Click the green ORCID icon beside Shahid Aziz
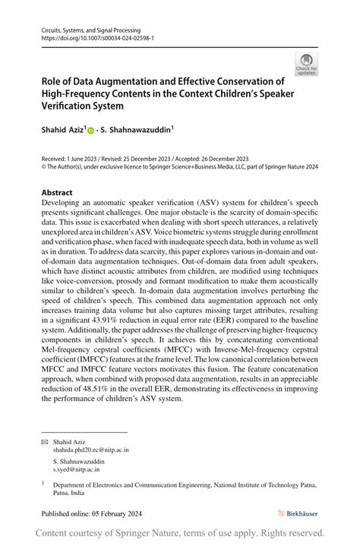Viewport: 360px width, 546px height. click(90, 131)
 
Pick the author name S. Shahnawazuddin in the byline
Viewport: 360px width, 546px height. click(139, 131)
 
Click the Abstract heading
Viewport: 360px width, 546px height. click(58, 193)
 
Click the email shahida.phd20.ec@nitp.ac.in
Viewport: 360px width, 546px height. click(90, 450)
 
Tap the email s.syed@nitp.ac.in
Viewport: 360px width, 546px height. click(76, 469)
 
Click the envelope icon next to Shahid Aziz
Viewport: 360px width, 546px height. click(44, 441)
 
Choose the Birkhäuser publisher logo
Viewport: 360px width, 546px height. click(298, 513)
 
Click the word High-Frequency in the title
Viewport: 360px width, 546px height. click(77, 94)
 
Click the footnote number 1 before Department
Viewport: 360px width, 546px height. click(43, 481)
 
